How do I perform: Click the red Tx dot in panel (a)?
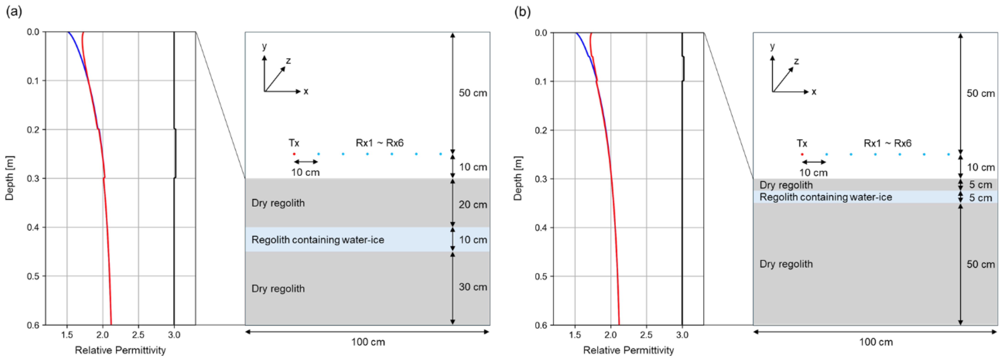click(x=294, y=154)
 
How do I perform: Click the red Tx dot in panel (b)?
click(x=802, y=154)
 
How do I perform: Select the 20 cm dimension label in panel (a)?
click(x=472, y=205)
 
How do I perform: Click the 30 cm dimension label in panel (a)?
click(x=472, y=287)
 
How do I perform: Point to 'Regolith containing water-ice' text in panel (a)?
click(x=318, y=240)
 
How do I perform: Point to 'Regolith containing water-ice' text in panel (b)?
click(x=826, y=197)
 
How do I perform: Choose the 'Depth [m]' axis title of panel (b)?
click(x=517, y=179)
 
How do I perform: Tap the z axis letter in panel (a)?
click(x=288, y=61)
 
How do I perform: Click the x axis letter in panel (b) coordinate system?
click(x=814, y=92)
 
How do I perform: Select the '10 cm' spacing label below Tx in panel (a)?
click(x=305, y=172)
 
